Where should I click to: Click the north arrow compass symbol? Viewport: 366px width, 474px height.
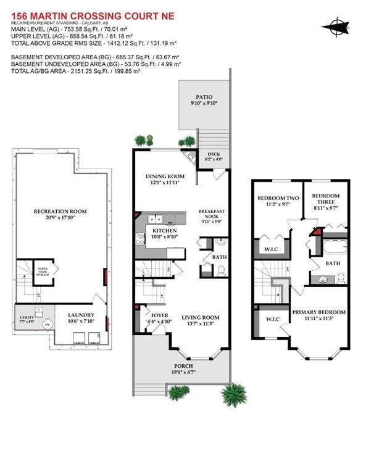337,26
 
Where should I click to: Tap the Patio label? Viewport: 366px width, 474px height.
204,97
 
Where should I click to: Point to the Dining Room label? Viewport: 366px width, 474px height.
165,175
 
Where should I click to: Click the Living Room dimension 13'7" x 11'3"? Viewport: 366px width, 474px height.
197,325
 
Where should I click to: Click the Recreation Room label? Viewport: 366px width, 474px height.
60,211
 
